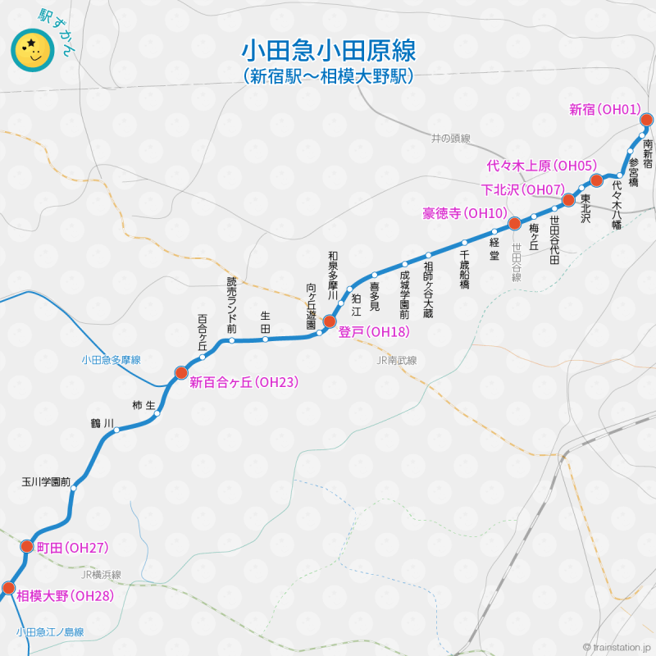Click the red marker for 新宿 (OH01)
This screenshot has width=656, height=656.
tap(646, 121)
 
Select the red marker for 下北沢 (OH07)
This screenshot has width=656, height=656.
tap(568, 200)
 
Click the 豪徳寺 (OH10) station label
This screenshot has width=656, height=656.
tap(465, 214)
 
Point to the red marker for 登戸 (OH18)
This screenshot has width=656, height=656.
tap(330, 321)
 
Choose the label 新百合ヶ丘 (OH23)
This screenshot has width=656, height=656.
tap(244, 381)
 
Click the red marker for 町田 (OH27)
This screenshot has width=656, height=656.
tap(25, 547)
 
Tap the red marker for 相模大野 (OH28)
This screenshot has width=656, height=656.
tap(8, 587)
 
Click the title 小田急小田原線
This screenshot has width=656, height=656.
tap(328, 50)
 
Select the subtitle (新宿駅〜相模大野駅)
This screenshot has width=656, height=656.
tap(328, 77)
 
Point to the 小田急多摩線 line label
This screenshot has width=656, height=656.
tap(112, 360)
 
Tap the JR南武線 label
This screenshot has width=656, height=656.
tap(397, 360)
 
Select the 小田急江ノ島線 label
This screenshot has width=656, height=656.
tap(49, 632)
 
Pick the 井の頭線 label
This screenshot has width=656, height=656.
tap(451, 139)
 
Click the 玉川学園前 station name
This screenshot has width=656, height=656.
tap(46, 482)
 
